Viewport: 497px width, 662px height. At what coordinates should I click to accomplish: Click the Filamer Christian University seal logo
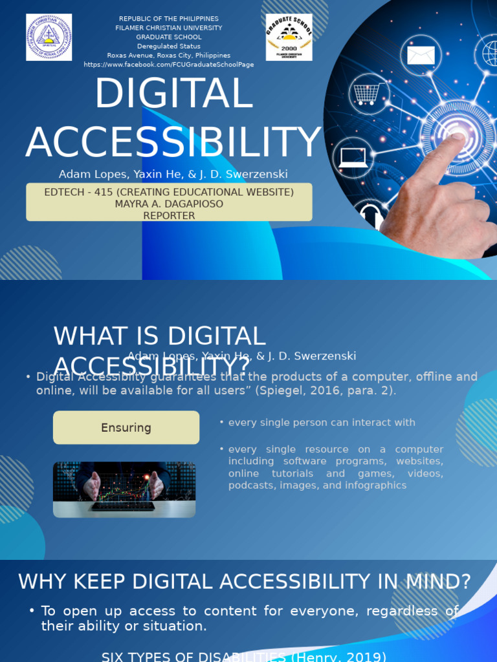[x=49, y=37]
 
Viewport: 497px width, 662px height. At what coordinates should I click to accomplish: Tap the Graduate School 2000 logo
[x=289, y=37]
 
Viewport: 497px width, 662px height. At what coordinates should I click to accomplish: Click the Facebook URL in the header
[x=169, y=65]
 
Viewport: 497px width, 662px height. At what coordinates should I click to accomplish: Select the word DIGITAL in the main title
[x=173, y=94]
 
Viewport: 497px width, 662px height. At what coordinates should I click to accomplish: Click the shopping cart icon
[x=367, y=94]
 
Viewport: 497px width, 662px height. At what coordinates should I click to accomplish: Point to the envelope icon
[x=420, y=55]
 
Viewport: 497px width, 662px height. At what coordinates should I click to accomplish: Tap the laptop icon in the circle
[x=353, y=157]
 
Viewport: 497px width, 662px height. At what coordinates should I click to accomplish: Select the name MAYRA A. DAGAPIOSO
[x=169, y=204]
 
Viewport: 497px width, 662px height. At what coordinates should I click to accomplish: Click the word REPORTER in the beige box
[x=169, y=215]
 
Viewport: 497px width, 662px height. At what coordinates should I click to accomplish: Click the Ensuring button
[x=126, y=427]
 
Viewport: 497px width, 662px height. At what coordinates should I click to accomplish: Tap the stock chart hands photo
[x=124, y=489]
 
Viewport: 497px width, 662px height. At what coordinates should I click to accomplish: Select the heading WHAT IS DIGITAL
[x=159, y=336]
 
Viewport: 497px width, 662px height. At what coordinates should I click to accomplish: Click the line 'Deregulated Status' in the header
[x=169, y=47]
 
